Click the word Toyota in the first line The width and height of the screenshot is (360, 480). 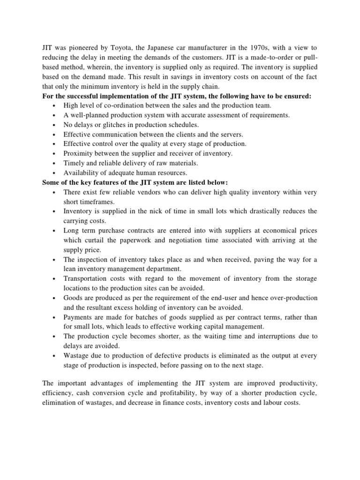click(120, 48)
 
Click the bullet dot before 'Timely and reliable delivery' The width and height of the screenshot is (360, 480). click(55, 163)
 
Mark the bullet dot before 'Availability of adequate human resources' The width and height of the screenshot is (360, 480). click(55, 173)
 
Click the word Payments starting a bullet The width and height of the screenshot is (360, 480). click(78, 317)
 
